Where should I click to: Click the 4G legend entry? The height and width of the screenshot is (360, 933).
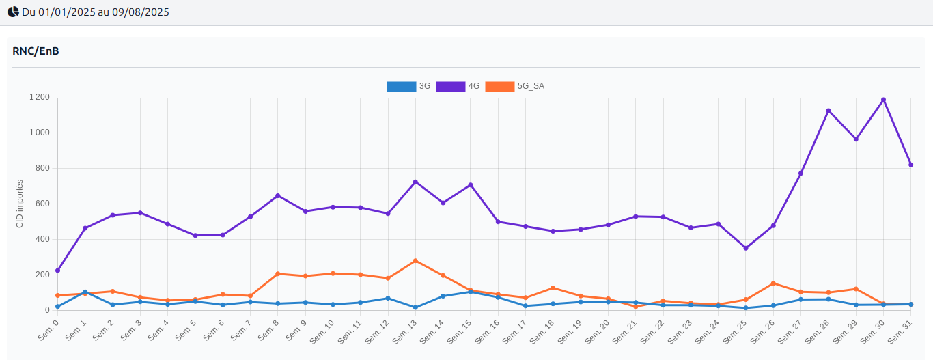coord(458,86)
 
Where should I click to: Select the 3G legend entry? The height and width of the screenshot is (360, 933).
coord(408,86)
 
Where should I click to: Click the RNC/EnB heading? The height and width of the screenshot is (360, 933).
coord(36,51)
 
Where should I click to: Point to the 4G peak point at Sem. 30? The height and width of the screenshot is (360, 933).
coord(883,100)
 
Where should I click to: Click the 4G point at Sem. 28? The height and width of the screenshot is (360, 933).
coord(828,111)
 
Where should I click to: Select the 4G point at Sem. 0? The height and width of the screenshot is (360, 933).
coord(57,271)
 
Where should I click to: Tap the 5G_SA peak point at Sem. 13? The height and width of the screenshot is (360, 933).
coord(415,261)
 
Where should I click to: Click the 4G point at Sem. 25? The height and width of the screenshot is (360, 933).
coord(746,248)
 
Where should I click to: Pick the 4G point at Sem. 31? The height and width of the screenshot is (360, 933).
coord(911,165)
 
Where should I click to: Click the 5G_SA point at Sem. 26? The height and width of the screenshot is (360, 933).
coord(773,283)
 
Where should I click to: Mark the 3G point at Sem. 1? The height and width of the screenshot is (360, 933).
coord(85,292)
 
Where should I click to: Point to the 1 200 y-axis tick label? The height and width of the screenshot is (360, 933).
coord(40,97)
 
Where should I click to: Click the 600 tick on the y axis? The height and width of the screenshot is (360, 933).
coord(42,204)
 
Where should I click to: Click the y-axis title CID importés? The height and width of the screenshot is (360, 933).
coord(20,204)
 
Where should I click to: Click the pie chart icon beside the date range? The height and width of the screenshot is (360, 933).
coord(13,12)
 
